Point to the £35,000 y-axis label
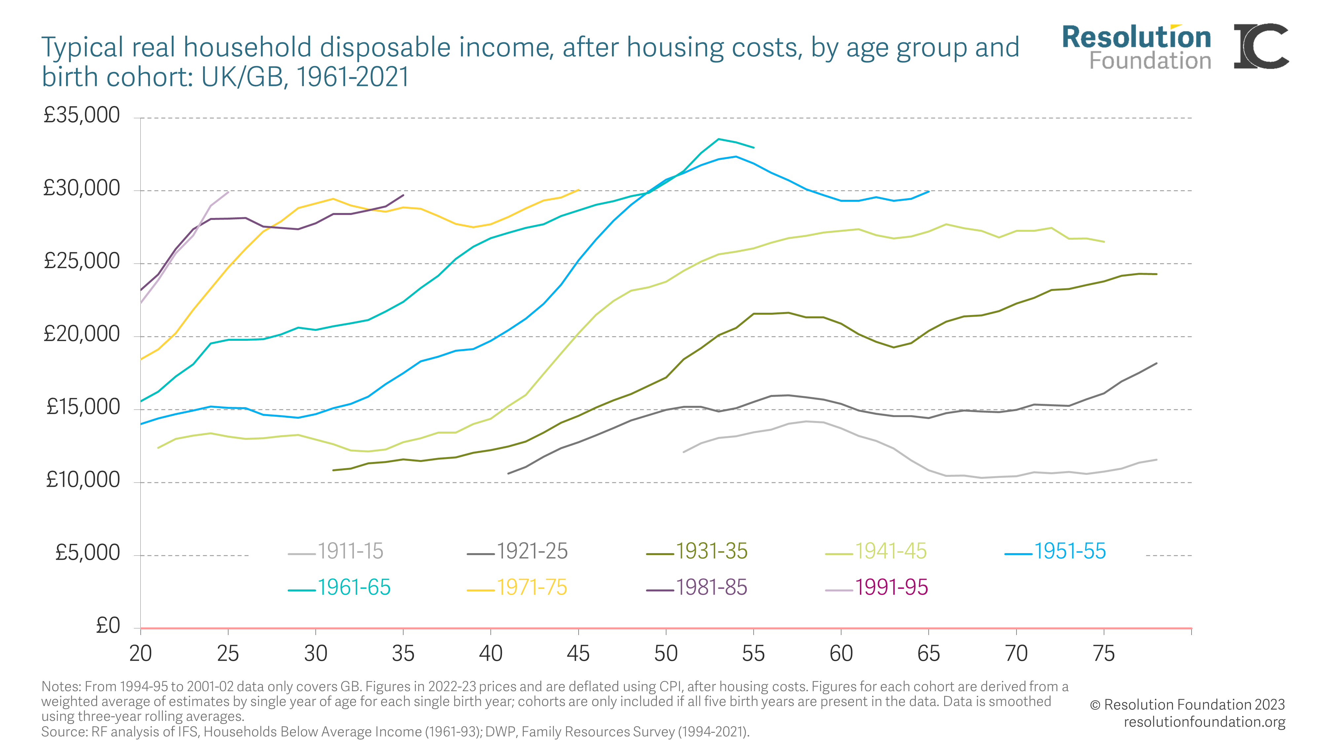[82, 115]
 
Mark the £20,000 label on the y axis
[82, 334]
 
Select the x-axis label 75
[1104, 654]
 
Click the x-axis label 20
[140, 654]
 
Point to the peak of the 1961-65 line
[718, 139]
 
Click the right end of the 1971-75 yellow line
[579, 190]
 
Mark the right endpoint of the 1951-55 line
[928, 192]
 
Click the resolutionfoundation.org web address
[1204, 722]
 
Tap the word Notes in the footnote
[60, 687]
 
